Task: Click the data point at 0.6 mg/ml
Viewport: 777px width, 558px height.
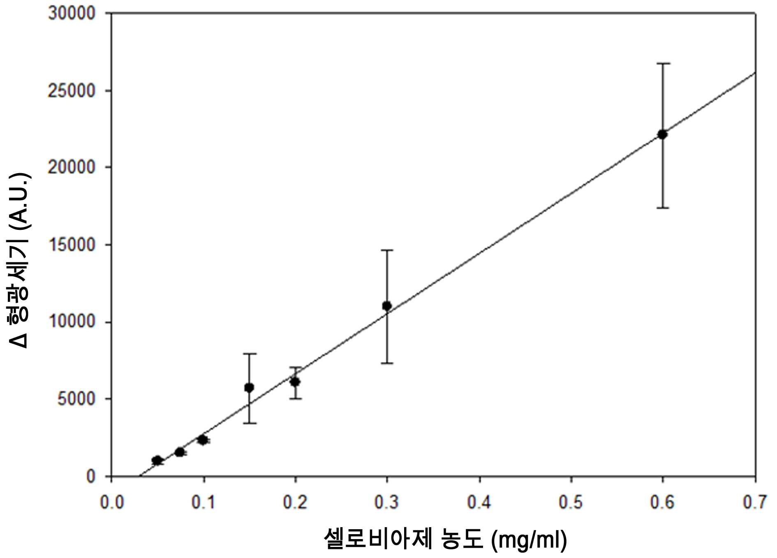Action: (662, 134)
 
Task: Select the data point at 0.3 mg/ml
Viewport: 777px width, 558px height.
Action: (387, 306)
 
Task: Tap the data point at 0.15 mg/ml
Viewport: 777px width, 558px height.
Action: (249, 387)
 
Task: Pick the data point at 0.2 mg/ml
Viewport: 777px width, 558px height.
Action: (295, 382)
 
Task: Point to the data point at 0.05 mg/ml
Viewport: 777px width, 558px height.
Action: (157, 461)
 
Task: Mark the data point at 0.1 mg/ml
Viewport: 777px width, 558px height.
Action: (203, 440)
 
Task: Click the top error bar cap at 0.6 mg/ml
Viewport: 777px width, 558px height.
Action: (663, 64)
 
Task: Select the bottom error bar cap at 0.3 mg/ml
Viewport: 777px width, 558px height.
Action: (387, 363)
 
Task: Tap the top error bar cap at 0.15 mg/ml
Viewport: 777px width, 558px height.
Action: (249, 354)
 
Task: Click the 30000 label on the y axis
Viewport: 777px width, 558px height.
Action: (72, 13)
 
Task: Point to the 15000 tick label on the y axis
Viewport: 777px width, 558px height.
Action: (72, 245)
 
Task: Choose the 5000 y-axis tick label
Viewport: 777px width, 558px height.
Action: (76, 399)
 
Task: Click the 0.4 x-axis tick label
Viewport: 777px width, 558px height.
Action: (479, 502)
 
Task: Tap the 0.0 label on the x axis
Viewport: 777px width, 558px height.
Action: (112, 502)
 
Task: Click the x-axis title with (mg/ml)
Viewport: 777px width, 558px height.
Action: (446, 539)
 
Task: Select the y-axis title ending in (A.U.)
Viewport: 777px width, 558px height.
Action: (19, 260)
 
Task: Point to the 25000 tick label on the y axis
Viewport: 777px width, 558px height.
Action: (72, 90)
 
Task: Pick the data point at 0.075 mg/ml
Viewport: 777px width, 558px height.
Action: (180, 452)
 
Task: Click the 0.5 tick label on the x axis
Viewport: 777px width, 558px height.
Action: (571, 502)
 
